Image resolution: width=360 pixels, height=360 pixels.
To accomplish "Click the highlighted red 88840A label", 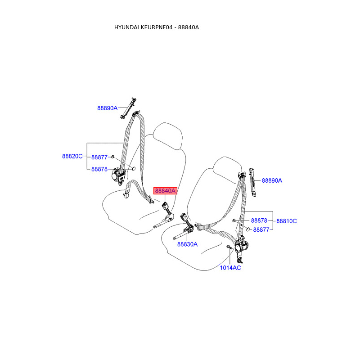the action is (x=165, y=191).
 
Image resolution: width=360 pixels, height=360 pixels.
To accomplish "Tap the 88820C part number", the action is (x=72, y=156).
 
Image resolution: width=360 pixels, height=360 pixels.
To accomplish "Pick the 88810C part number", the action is (x=287, y=221).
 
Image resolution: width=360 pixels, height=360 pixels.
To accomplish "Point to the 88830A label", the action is (x=187, y=244).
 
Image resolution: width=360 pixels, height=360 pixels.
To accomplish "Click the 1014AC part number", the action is (x=230, y=268).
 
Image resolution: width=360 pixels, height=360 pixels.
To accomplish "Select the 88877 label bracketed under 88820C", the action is (x=99, y=157).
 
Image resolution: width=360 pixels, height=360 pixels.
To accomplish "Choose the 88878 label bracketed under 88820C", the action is (x=99, y=169).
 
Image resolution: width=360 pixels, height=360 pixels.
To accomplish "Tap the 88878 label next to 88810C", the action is (x=259, y=221).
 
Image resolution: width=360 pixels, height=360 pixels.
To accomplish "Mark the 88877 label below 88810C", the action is (x=261, y=229).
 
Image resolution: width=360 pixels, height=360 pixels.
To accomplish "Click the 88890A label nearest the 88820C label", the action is (x=107, y=108).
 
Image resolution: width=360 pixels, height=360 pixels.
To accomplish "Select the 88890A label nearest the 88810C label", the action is (x=272, y=180).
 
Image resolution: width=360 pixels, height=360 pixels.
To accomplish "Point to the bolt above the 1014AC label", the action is (x=229, y=248).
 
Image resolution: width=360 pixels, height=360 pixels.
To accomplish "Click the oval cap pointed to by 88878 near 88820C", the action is (x=132, y=168).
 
